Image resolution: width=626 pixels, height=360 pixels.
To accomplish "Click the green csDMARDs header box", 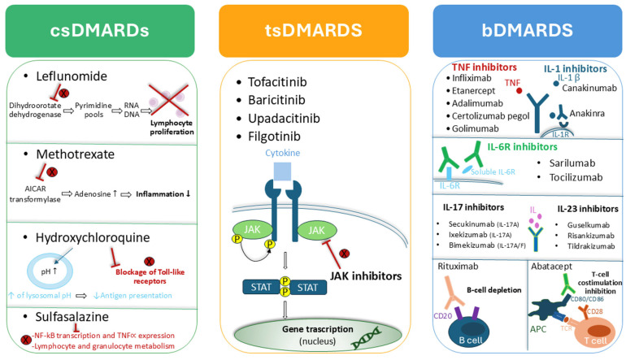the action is tap(100, 31).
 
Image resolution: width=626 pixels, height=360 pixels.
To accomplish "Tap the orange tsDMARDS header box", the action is tap(313, 31).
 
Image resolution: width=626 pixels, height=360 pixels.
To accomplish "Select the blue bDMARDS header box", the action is tap(528, 31).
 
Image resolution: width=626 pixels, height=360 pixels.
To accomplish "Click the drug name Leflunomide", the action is tap(72, 76).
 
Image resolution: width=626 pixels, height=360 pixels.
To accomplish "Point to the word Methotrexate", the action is tap(75, 154).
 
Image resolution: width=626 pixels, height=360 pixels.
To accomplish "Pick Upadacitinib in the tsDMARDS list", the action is tap(284, 119).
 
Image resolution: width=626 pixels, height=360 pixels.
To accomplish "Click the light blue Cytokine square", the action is tap(282, 171).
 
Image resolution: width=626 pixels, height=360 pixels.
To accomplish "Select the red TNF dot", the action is tap(519, 90).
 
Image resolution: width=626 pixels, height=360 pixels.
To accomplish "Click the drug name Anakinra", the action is tap(587, 113).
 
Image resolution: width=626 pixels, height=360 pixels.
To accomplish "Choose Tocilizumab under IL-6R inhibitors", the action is tap(576, 177).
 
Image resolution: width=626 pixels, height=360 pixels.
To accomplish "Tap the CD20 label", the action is tap(443, 316).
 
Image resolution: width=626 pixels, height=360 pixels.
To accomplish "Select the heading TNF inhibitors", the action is tap(485, 67).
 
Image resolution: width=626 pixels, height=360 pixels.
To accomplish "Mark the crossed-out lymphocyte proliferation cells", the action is tap(168, 100).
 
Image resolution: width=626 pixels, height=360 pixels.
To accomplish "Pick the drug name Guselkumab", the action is tap(589, 225).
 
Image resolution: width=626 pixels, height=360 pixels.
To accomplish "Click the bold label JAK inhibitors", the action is tap(366, 276).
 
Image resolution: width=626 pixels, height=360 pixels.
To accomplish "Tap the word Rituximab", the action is tap(458, 267).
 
